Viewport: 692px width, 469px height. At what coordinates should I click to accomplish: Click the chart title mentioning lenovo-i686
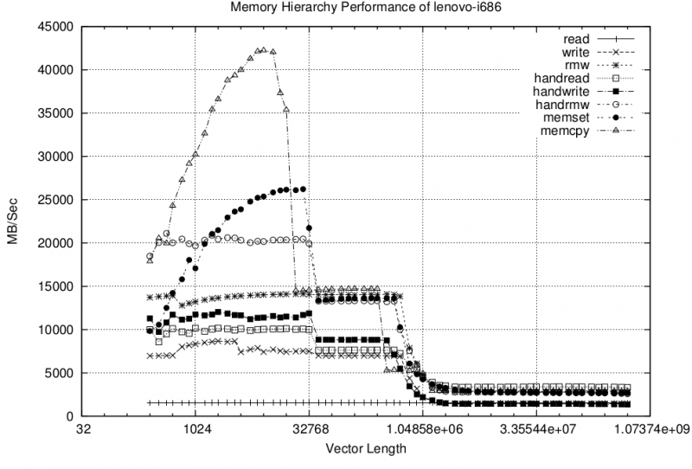pyautogui.click(x=346, y=8)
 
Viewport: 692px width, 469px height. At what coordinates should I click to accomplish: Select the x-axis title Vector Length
pyautogui.click(x=365, y=449)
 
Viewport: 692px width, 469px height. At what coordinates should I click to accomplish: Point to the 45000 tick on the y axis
pyautogui.click(x=58, y=27)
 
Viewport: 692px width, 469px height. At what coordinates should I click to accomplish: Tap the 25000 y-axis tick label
pyautogui.click(x=58, y=200)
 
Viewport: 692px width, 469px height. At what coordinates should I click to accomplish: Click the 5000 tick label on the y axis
pyautogui.click(x=61, y=373)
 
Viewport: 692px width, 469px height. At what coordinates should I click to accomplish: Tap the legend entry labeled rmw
pyautogui.click(x=576, y=65)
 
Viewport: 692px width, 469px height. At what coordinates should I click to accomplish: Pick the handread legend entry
pyautogui.click(x=563, y=78)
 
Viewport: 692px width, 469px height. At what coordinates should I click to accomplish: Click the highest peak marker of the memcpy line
pyautogui.click(x=263, y=50)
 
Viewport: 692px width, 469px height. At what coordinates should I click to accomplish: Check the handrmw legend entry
pyautogui.click(x=566, y=104)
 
